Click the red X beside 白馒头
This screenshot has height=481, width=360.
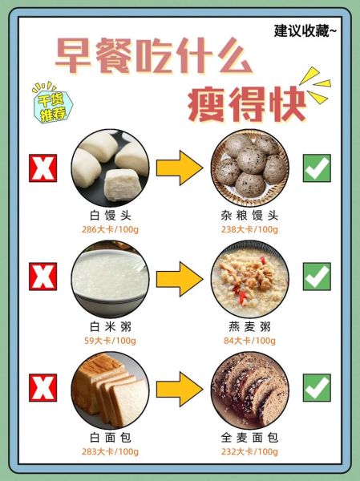tap(41, 168)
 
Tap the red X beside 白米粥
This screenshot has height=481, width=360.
tap(41, 277)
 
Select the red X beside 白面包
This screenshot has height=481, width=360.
tap(41, 387)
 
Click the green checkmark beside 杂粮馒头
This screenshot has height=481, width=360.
tap(316, 168)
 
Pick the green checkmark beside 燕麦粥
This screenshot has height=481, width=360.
tap(316, 277)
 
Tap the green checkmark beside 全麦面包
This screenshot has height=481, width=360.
tap(316, 387)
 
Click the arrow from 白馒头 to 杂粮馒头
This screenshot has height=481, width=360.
tap(178, 168)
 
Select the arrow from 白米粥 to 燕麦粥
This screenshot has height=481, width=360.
tap(178, 278)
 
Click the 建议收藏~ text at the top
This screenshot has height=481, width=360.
tap(305, 31)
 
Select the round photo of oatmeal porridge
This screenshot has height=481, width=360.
tap(249, 279)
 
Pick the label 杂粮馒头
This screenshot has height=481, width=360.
tap(249, 216)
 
